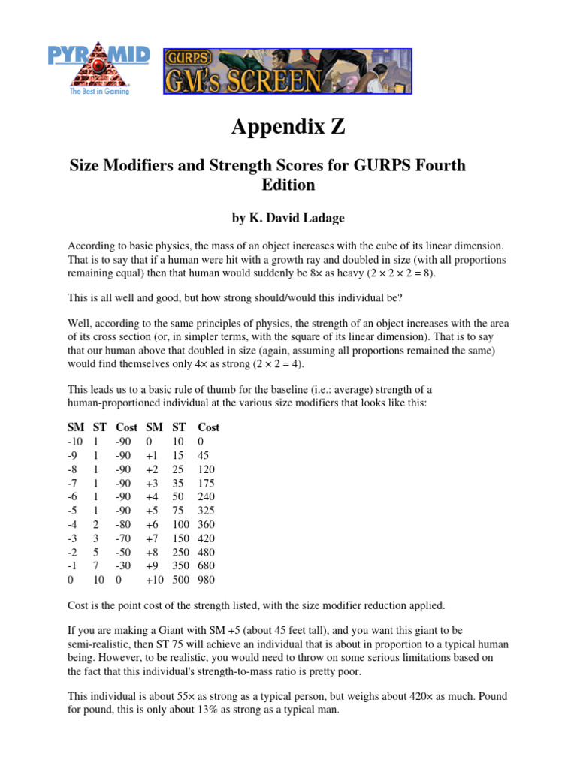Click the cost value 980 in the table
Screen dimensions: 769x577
[207, 579]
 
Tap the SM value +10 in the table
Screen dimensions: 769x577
[155, 579]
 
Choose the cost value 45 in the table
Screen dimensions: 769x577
[204, 456]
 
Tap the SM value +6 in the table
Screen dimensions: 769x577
[153, 524]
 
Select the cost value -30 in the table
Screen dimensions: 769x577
[124, 565]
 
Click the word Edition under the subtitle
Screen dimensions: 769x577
[288, 184]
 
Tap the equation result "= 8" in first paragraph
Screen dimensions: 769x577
[421, 273]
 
